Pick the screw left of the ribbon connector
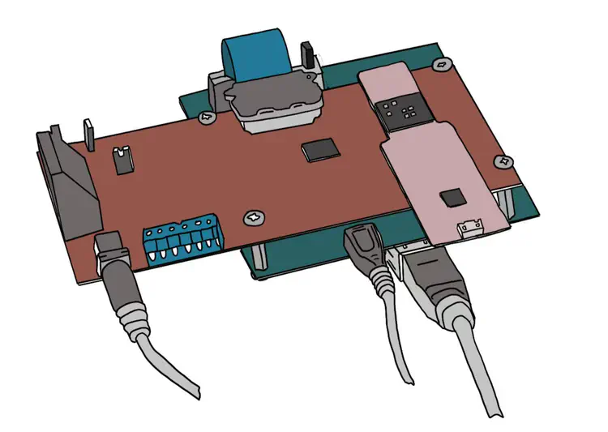click(x=208, y=117)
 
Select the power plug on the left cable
click(x=114, y=258)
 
